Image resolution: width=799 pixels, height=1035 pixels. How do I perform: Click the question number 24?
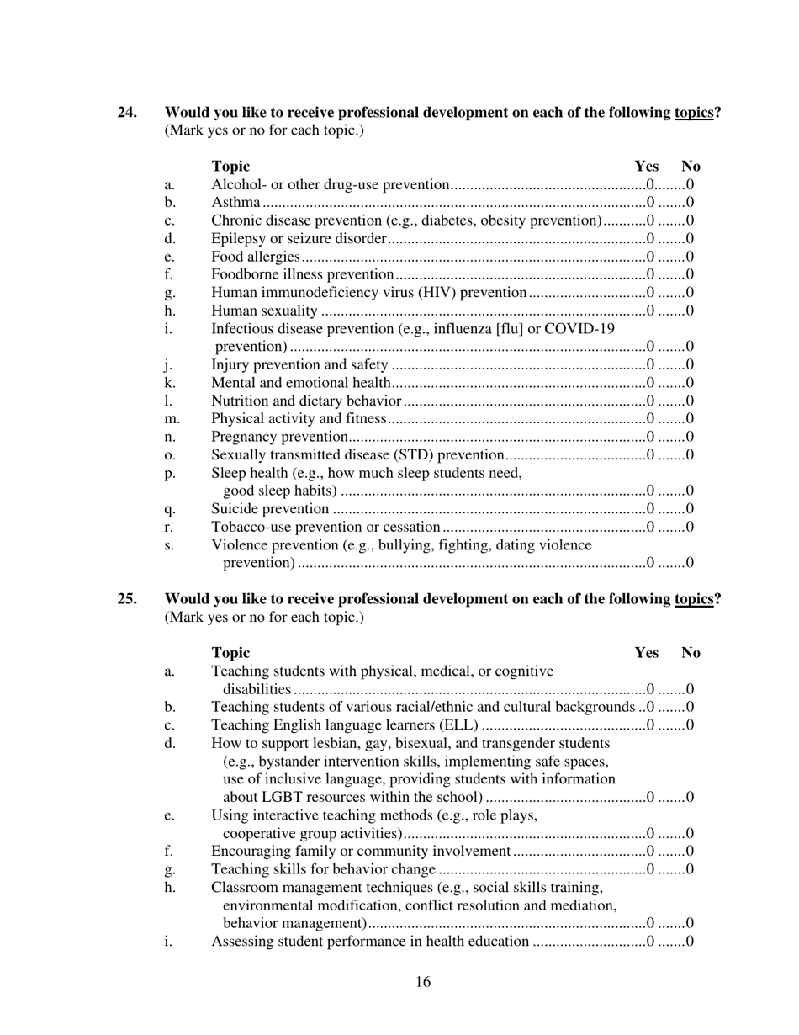point(127,113)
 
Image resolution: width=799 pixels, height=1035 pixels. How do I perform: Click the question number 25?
point(127,599)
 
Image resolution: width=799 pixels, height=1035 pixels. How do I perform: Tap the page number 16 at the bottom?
point(423,982)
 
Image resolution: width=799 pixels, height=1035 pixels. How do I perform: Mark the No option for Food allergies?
point(690,257)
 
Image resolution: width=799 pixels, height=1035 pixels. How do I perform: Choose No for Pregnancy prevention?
point(690,437)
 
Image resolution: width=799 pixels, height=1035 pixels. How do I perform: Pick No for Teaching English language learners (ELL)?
point(690,725)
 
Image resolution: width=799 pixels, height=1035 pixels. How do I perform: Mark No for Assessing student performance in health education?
point(690,942)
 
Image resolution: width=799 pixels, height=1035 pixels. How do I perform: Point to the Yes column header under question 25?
point(646,653)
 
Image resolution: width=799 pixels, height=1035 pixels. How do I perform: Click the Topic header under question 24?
point(230,167)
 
